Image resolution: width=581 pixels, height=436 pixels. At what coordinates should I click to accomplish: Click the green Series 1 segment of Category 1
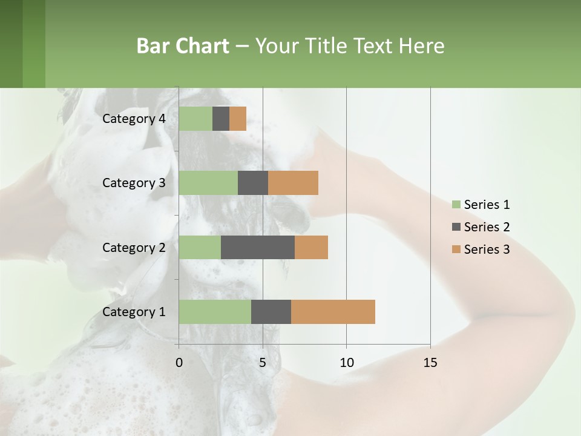coord(215,311)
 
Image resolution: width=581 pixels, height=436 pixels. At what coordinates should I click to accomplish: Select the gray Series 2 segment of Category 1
coord(271,311)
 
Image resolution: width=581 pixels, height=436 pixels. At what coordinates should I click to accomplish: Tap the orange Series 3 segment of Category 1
coord(333,311)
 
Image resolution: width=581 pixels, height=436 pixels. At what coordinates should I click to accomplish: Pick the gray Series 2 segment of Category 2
coord(258,247)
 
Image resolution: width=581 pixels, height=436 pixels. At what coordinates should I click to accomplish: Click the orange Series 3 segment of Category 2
coord(311,247)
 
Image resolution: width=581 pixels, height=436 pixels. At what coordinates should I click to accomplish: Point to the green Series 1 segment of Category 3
coord(208,183)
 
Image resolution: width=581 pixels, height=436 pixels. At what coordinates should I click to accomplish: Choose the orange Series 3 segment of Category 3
coord(293,183)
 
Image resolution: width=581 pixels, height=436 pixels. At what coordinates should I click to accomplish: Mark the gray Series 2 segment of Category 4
coord(221,119)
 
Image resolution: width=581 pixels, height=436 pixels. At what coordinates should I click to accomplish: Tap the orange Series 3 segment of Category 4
coord(238,119)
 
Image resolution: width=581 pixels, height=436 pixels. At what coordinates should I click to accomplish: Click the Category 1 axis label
coord(134,312)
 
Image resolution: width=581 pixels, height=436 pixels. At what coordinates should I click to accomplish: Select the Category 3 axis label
coord(134,183)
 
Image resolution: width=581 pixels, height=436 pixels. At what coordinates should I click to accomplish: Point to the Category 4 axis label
coord(134,119)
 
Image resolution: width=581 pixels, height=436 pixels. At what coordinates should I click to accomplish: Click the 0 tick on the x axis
coord(179,363)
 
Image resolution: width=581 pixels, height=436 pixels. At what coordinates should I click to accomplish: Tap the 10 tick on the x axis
coord(346,363)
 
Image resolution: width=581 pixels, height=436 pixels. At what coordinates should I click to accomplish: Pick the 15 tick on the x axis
coord(430,363)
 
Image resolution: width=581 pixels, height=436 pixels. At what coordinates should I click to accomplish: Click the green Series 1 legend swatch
coord(456,205)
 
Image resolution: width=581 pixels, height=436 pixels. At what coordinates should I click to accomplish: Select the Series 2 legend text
coord(487,227)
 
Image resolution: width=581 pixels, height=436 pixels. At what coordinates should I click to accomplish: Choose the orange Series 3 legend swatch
coord(456,249)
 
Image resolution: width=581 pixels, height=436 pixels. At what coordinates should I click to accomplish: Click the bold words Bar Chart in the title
coord(183,45)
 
